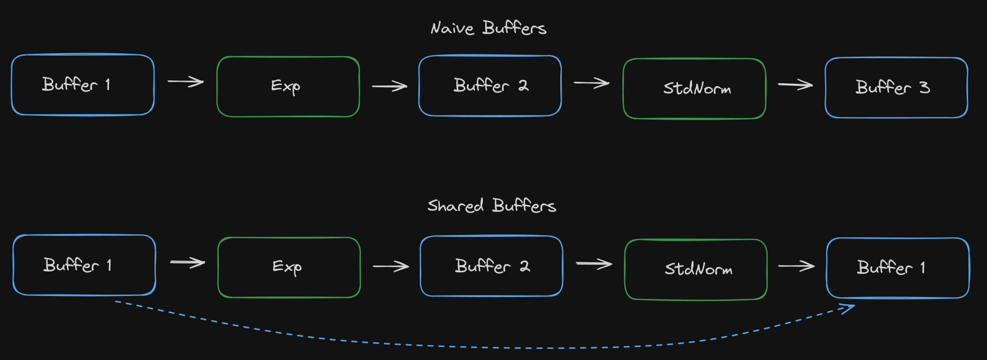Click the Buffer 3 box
[x=896, y=88]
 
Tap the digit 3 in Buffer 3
[x=925, y=87]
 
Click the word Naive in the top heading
[x=452, y=28]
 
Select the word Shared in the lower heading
[x=455, y=206]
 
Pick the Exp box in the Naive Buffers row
[x=288, y=87]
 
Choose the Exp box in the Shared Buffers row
[x=289, y=267]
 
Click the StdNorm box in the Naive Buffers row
[x=694, y=89]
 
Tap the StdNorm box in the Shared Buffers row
[x=696, y=269]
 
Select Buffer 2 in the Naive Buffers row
[x=490, y=86]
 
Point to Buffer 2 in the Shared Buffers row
[x=492, y=266]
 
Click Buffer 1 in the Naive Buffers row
[x=83, y=85]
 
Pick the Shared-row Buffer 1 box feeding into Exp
[x=84, y=265]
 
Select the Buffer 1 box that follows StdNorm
[x=898, y=268]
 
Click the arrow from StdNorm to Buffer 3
[x=795, y=85]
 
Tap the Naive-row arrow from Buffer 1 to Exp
[x=185, y=82]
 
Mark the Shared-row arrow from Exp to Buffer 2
[x=391, y=266]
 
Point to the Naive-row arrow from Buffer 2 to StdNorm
[x=592, y=83]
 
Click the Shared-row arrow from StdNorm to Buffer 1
[x=796, y=266]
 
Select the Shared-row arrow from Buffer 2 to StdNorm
[x=594, y=264]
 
